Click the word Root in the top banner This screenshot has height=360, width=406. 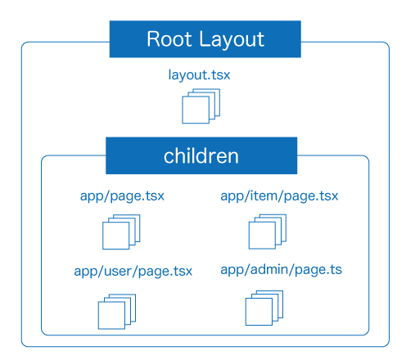169,39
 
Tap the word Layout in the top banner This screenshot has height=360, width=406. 232,40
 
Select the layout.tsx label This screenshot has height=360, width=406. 199,75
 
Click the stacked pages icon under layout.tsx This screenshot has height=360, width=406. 201,106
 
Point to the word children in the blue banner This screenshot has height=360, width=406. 201,156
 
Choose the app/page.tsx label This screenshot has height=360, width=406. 122,196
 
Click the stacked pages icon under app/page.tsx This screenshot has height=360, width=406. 121,232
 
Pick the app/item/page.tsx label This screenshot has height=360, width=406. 279,196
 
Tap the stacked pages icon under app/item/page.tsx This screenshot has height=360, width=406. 268,232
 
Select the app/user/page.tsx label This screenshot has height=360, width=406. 133,272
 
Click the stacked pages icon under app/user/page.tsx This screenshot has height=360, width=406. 117,312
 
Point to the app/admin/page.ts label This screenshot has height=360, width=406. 281,270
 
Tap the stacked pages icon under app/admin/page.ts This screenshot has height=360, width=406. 264,308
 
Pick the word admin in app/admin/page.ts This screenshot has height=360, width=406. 269,269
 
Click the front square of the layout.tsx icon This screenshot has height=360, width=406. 196,110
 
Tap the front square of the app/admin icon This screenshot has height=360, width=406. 259,312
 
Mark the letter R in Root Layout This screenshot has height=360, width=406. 153,39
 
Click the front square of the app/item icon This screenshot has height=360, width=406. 262,236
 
